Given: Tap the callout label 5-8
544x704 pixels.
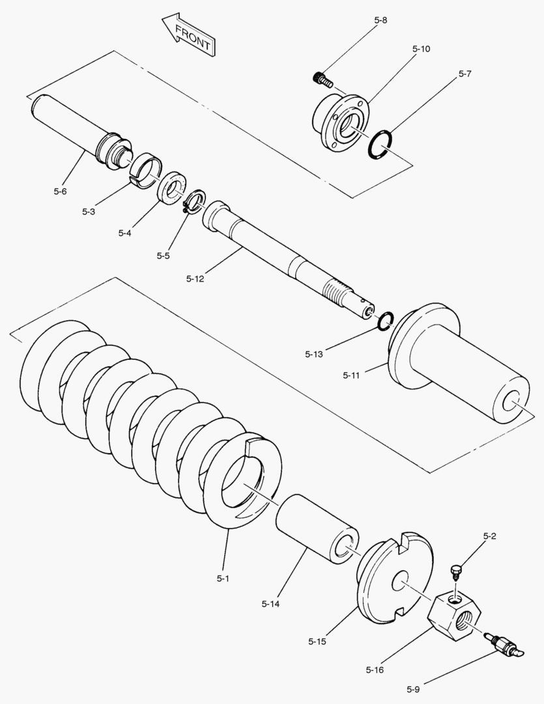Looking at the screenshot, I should pyautogui.click(x=380, y=20).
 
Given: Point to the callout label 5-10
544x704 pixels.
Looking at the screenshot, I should pyautogui.click(x=421, y=49).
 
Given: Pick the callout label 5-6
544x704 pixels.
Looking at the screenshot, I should pyautogui.click(x=60, y=192).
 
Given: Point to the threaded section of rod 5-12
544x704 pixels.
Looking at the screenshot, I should pyautogui.click(x=337, y=289).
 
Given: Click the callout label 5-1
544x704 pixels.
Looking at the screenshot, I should pyautogui.click(x=223, y=578).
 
